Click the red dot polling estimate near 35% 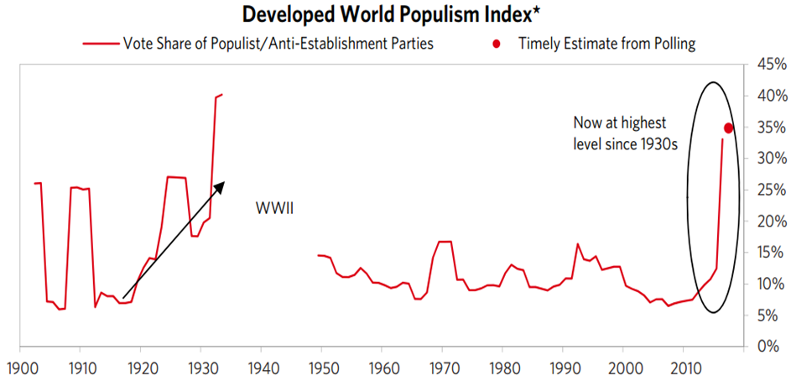728,128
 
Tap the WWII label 273,206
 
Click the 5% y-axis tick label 768,316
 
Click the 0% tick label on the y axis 768,347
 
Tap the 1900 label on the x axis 19,367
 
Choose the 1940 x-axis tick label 261,367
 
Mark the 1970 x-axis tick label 442,367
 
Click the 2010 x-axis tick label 684,367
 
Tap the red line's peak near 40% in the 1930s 221,95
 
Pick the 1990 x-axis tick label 563,367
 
